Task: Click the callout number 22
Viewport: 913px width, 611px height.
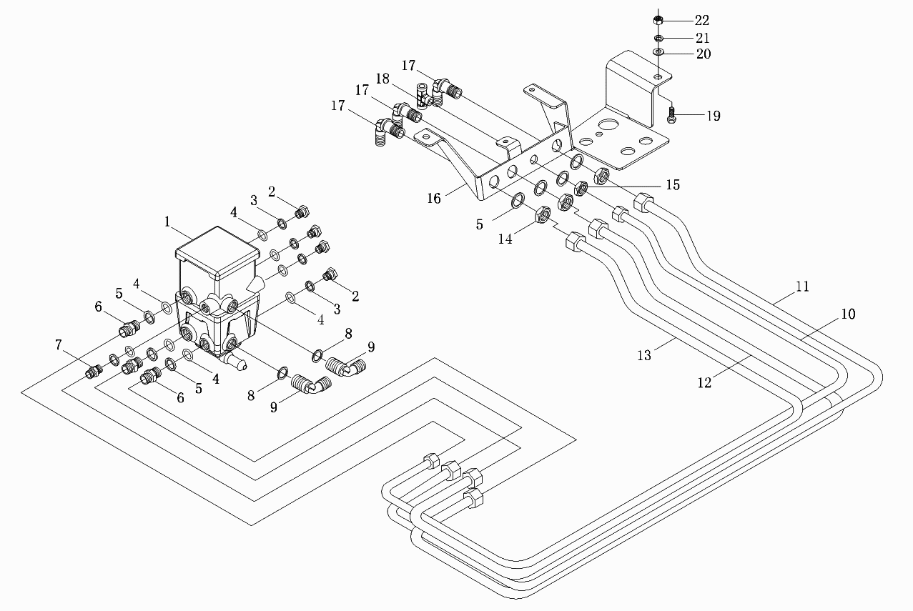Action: click(x=702, y=20)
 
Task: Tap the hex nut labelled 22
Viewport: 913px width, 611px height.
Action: click(x=658, y=19)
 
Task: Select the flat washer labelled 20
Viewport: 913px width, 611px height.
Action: click(x=658, y=52)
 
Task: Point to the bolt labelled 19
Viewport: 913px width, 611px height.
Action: click(x=672, y=115)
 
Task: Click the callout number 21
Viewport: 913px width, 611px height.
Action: click(x=702, y=38)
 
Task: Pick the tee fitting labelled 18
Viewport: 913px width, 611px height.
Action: click(x=423, y=96)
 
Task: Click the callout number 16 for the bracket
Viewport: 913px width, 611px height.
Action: click(x=434, y=199)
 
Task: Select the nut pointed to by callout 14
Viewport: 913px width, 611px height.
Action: click(x=543, y=214)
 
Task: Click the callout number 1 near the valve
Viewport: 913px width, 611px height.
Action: click(x=167, y=222)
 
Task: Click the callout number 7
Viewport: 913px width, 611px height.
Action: click(x=59, y=345)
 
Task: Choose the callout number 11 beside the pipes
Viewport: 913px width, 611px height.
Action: click(x=803, y=287)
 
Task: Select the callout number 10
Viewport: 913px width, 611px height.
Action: click(x=848, y=314)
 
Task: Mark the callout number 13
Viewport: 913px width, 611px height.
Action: click(x=644, y=356)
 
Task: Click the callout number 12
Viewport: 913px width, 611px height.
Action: click(x=705, y=382)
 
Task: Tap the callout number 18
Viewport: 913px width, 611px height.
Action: click(x=383, y=79)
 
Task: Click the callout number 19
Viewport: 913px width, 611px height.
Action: click(x=714, y=116)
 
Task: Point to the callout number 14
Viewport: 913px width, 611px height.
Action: click(x=505, y=239)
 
